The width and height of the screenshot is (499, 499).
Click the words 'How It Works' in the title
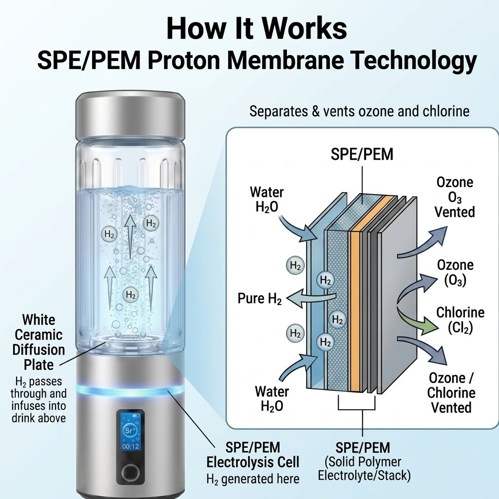click(x=256, y=28)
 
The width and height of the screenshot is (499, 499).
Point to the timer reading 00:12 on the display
click(x=131, y=446)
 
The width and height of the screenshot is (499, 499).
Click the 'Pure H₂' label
click(x=260, y=299)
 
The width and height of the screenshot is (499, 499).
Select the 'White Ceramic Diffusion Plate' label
click(x=38, y=342)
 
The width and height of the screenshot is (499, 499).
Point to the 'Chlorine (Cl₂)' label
click(x=460, y=320)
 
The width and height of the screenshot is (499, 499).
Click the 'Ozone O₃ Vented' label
click(x=455, y=197)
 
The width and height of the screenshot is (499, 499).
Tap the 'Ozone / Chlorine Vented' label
click(x=451, y=393)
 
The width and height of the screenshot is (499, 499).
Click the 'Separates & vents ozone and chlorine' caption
click(x=359, y=112)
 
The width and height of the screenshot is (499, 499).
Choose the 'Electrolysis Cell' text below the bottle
click(x=253, y=462)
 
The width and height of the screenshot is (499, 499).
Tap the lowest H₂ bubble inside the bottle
click(x=131, y=294)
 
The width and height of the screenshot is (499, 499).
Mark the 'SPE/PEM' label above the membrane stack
click(x=362, y=154)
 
